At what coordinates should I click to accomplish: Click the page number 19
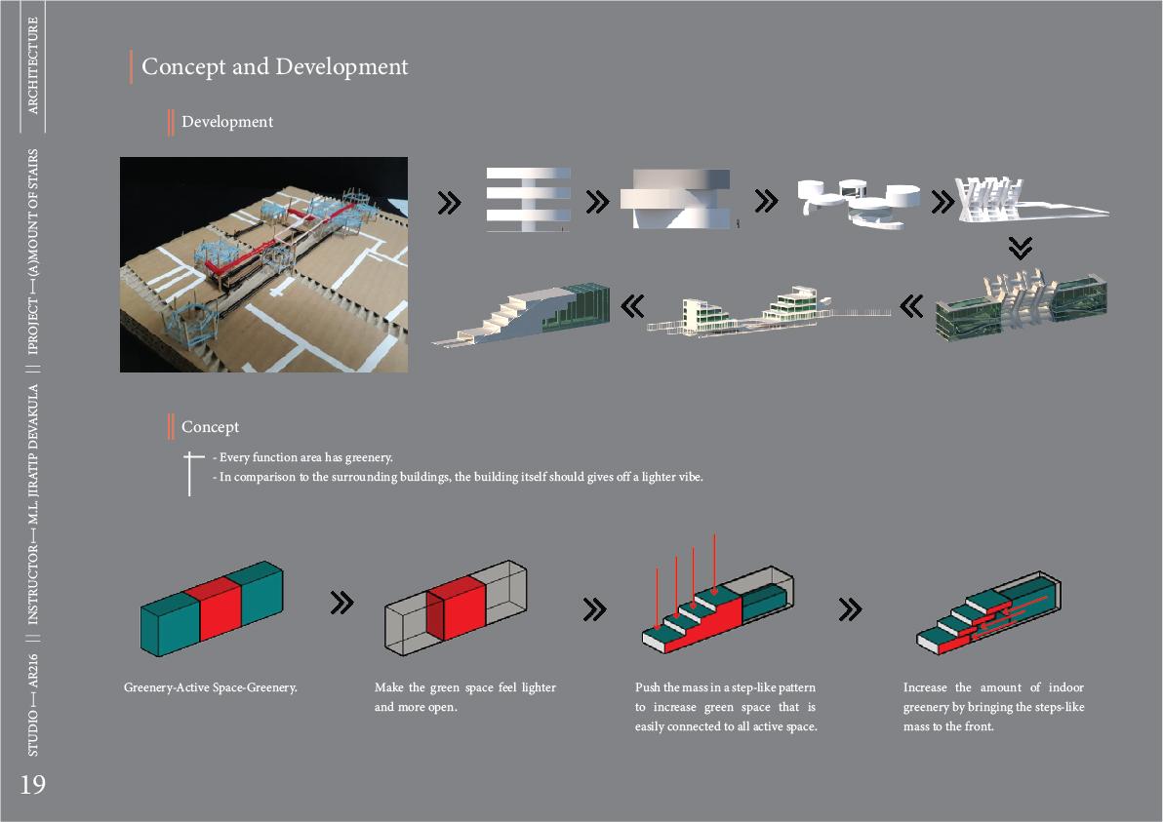click(32, 785)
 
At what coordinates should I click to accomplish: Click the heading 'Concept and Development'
click(274, 67)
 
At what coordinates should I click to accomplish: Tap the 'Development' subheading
click(226, 122)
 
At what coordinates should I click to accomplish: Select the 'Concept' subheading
click(210, 427)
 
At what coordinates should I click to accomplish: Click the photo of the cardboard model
click(263, 264)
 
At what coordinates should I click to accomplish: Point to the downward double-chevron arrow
click(1020, 249)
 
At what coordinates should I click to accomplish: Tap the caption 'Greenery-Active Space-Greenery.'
click(210, 687)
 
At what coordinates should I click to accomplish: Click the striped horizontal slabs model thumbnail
click(528, 199)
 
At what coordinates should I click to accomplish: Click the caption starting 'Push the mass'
click(725, 707)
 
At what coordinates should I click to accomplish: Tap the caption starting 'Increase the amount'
click(993, 707)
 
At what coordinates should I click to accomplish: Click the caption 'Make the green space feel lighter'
click(464, 697)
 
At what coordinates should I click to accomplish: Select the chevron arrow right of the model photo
click(449, 202)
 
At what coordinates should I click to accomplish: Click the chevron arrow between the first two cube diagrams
click(341, 603)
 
